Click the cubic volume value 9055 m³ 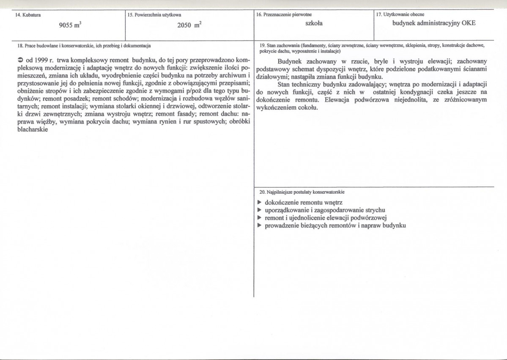pos(70,25)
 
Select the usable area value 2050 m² pos(189,25)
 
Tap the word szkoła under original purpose pos(314,23)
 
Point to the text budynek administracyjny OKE pos(434,23)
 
